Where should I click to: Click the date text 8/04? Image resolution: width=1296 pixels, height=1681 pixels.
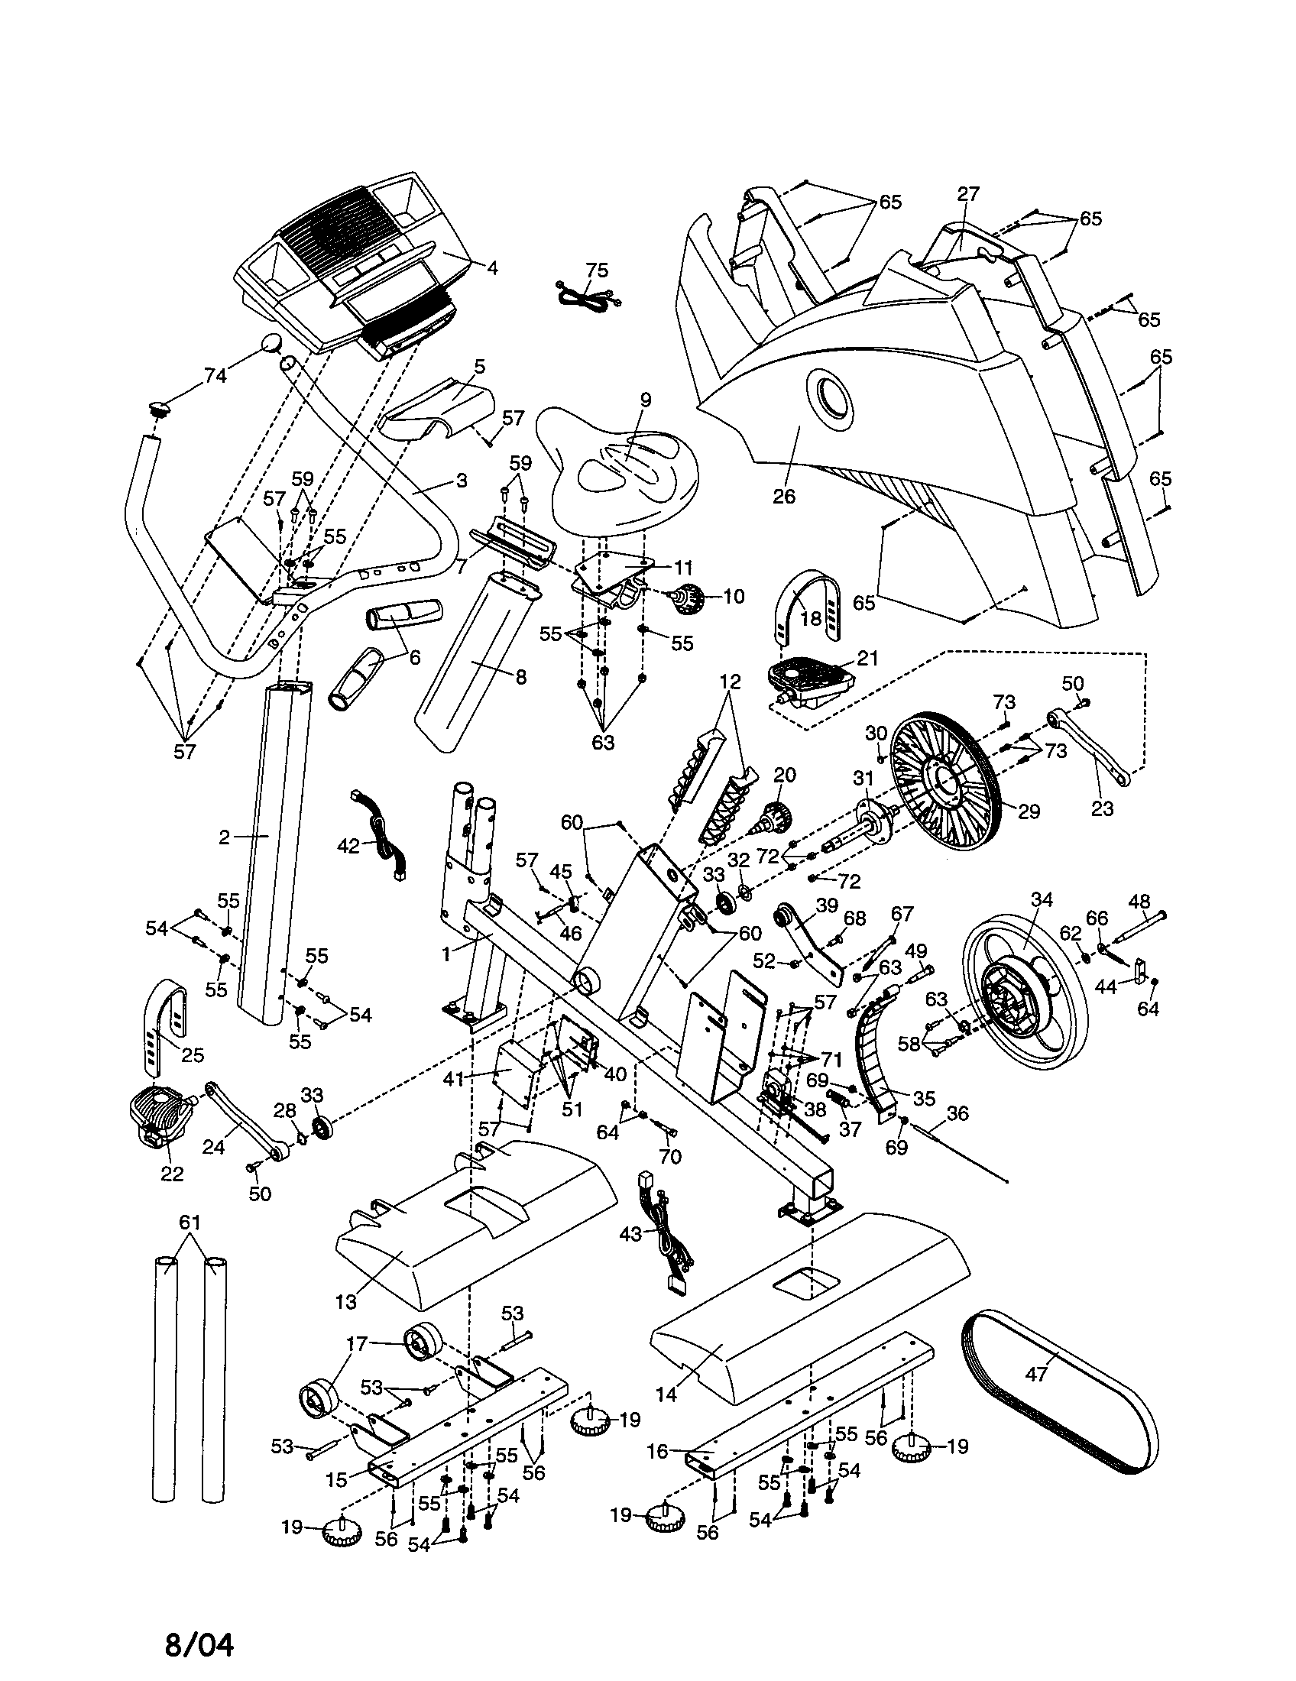coord(199,1640)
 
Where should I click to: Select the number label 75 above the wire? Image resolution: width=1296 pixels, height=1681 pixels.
coord(597,270)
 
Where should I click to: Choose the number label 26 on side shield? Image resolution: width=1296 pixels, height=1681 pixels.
coord(783,497)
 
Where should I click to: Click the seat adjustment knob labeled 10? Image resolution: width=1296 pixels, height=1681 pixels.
coord(689,597)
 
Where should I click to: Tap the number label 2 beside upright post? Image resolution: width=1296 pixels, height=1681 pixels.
coord(224,837)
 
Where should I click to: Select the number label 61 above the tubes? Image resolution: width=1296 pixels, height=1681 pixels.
coord(190,1222)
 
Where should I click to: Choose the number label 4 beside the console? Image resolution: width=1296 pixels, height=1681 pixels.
coord(492,268)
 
